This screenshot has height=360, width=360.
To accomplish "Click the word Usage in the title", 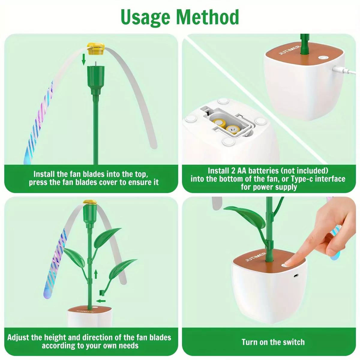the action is coord(145,17).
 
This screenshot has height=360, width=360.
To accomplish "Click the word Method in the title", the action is coord(207,17).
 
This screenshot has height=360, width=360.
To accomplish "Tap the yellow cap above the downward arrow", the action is coord(95,49).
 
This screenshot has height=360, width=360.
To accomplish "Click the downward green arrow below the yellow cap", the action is coord(84,59).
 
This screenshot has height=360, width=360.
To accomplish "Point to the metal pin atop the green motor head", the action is coord(95,64).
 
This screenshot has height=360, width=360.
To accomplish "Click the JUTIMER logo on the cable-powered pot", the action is coord(289,50).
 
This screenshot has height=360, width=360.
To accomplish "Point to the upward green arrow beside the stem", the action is coord(96,274).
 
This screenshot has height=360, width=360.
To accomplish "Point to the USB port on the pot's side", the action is coord(295,276).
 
